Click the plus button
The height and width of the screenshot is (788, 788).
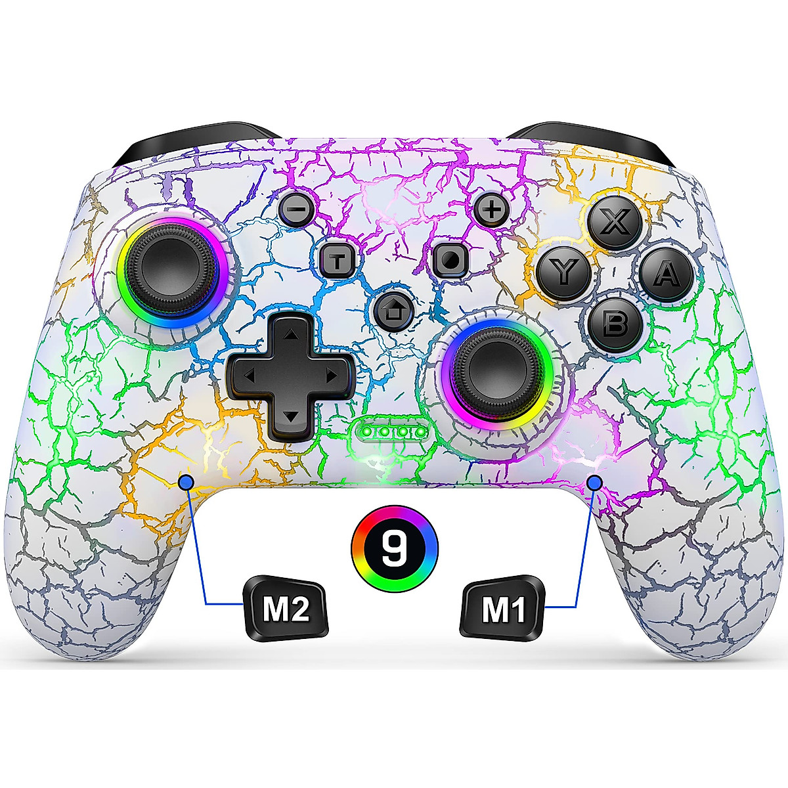[x=489, y=209]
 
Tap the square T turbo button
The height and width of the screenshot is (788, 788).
[x=339, y=260]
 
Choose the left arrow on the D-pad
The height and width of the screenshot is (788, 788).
[x=248, y=376]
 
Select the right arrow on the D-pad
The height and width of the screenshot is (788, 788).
[x=330, y=376]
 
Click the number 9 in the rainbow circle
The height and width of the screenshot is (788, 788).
[x=394, y=548]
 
